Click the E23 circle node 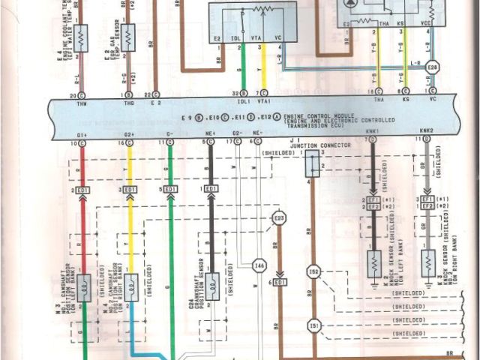tap(279, 218)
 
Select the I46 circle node tap(259, 265)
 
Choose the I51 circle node tap(314, 325)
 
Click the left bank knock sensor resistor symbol tap(373, 262)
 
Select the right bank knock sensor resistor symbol tap(428, 262)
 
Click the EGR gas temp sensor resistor tap(129, 34)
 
